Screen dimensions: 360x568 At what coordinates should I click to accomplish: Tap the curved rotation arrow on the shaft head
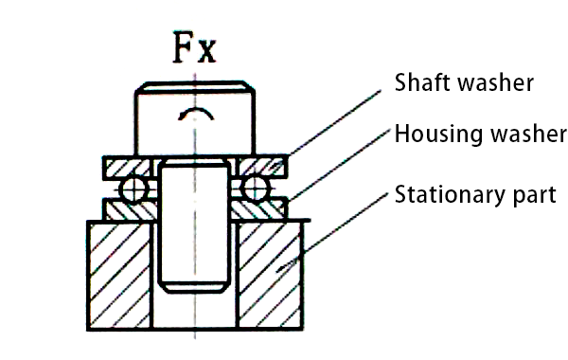195,116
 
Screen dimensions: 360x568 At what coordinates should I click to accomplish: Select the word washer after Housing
524,134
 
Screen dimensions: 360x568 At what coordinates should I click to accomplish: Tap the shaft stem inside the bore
194,227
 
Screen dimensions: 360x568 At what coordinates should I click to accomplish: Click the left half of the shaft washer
128,167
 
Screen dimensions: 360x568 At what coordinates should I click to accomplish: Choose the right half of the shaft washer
262,167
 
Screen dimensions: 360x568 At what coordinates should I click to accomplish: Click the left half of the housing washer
128,208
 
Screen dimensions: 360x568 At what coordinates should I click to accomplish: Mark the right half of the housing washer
262,208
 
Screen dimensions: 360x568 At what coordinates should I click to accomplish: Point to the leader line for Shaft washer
336,122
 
